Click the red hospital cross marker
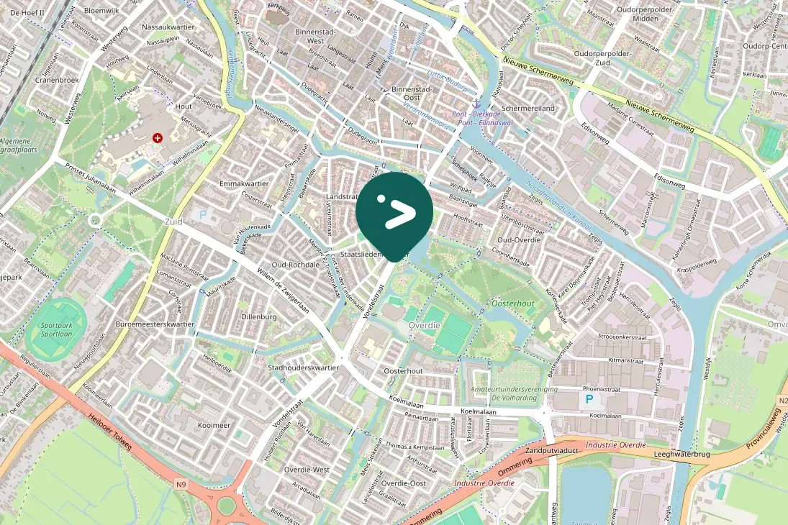[x=157, y=137]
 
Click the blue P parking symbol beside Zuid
[x=203, y=214]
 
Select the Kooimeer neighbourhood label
[x=214, y=426]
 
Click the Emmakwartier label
[x=244, y=184]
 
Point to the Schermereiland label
[x=528, y=108]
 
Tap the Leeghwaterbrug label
[x=683, y=455]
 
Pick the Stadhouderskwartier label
[x=303, y=367]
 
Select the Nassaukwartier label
[x=168, y=27]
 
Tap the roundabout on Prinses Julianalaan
[x=94, y=221]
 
